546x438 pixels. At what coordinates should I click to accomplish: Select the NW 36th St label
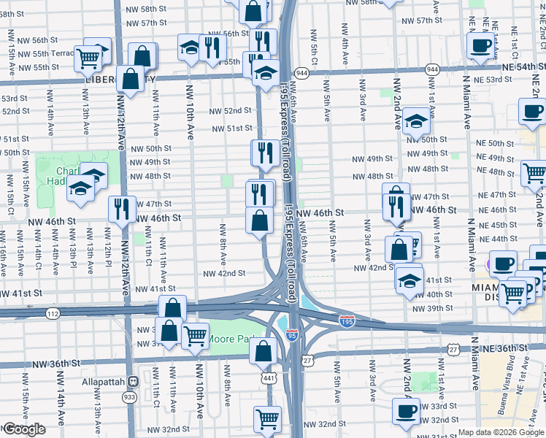55,363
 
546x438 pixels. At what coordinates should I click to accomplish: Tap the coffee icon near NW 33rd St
406,410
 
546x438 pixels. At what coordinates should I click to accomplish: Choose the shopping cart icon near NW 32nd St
267,418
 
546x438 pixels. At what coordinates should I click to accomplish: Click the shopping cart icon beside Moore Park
195,336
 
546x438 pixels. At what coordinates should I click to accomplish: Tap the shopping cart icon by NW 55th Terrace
88,58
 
